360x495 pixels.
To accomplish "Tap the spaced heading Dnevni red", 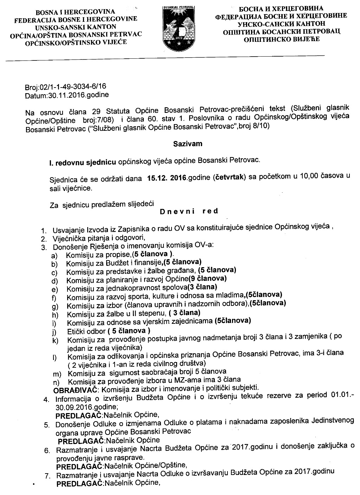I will (x=189, y=212).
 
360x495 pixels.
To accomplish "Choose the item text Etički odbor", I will (x=85, y=331).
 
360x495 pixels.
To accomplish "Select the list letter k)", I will (x=54, y=340).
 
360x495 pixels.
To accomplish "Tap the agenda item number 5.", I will (x=46, y=425).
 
